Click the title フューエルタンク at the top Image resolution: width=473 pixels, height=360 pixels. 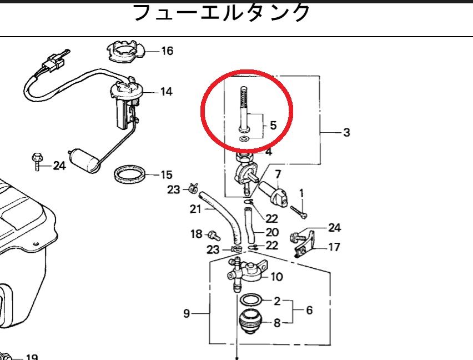(222, 12)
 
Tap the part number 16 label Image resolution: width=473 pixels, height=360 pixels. (167, 51)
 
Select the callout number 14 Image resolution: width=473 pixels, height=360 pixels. (166, 92)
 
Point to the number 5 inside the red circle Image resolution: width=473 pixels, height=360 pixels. (273, 126)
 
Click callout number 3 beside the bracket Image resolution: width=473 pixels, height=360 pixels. (346, 133)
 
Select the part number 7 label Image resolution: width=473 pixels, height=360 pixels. (277, 175)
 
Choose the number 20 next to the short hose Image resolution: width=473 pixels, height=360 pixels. (271, 232)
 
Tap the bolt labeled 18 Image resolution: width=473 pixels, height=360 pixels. (212, 235)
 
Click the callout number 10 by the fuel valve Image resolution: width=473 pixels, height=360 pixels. (276, 276)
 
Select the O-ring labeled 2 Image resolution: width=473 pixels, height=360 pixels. (253, 300)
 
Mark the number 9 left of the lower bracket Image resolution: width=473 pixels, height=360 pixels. (187, 314)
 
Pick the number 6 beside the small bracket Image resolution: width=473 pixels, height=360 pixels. (309, 310)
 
